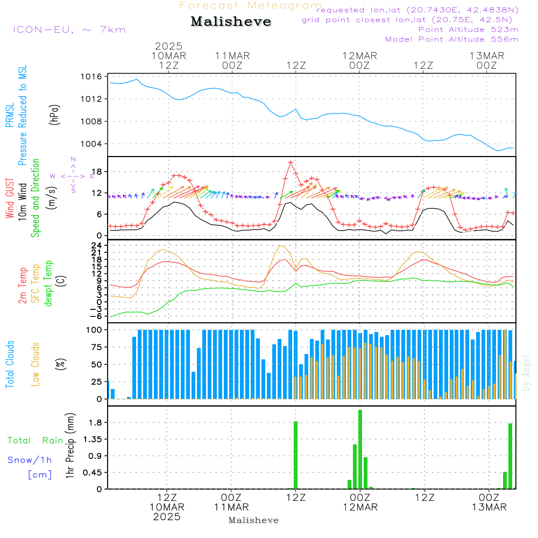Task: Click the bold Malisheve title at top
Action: [x=231, y=22]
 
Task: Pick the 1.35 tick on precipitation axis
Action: [x=93, y=440]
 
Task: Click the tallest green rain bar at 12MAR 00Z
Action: [x=360, y=449]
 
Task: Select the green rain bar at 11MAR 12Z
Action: [x=295, y=455]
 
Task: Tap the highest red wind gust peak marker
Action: [x=291, y=162]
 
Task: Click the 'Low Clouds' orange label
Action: [x=36, y=364]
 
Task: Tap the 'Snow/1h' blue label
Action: [x=30, y=461]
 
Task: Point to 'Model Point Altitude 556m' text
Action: [x=452, y=39]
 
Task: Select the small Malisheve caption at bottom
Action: [x=253, y=520]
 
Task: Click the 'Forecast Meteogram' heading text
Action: [x=251, y=5]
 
